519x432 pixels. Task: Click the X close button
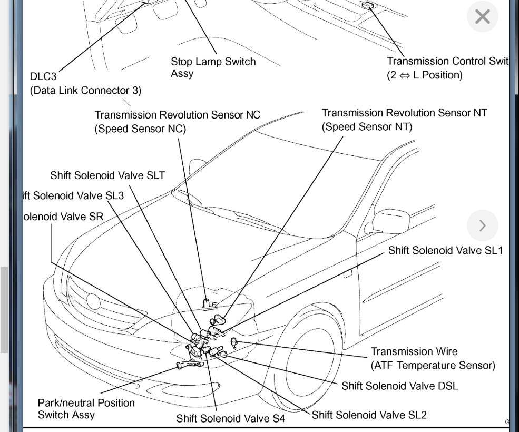click(482, 17)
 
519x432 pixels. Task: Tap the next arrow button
click(482, 225)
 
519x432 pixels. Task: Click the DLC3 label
click(43, 76)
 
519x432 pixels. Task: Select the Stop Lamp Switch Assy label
click(213, 67)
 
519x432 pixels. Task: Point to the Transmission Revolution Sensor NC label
click(178, 114)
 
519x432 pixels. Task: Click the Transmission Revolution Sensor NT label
click(404, 113)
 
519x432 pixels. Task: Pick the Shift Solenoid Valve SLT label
click(107, 175)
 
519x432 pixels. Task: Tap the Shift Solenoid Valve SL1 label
click(445, 250)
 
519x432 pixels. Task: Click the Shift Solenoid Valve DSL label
click(399, 386)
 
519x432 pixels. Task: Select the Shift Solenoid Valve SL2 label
click(369, 415)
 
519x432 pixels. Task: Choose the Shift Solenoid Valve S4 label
click(230, 419)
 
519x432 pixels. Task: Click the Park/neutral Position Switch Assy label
click(86, 409)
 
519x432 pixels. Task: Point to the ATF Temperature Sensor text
click(433, 365)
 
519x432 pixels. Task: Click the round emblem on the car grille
click(94, 301)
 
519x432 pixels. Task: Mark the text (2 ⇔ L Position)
click(425, 75)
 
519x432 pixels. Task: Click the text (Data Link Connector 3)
click(85, 90)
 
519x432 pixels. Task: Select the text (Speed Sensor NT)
click(367, 126)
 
